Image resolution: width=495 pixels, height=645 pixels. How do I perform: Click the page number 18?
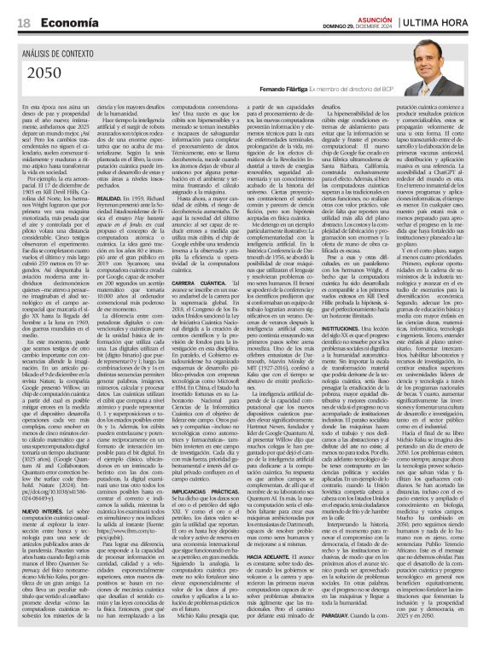(23, 22)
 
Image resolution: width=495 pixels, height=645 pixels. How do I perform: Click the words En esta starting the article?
(32, 104)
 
